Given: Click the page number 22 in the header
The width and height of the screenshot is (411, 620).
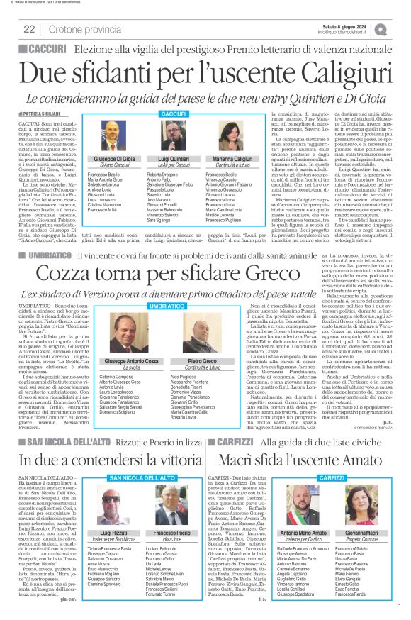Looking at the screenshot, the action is [29, 29].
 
